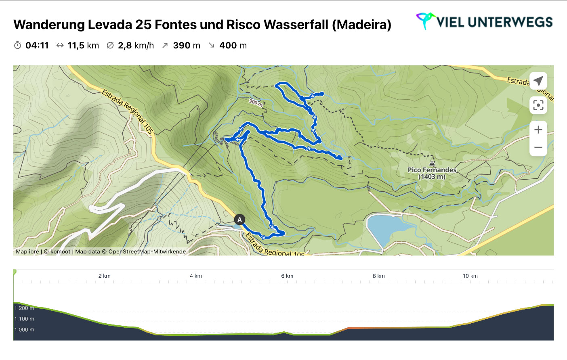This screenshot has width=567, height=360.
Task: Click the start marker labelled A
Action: (x=239, y=220)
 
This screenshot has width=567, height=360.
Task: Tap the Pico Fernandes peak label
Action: (x=432, y=173)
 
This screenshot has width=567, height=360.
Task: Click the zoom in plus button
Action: (x=538, y=130)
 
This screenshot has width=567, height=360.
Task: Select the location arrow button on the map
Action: (x=538, y=81)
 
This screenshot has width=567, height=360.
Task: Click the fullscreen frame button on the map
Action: (x=538, y=105)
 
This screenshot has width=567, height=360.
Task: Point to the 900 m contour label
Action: (x=256, y=103)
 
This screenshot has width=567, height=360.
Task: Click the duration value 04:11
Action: (x=37, y=46)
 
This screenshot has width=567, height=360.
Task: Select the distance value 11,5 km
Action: (x=83, y=46)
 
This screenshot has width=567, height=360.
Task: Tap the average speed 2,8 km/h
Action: (x=136, y=46)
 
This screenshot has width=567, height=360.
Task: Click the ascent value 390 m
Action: (x=186, y=46)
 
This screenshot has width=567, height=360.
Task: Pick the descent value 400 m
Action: (x=233, y=46)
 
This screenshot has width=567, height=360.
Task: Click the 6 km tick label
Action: (x=287, y=276)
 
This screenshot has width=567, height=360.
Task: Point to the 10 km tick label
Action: (x=470, y=276)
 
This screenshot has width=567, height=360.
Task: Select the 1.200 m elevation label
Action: (x=24, y=308)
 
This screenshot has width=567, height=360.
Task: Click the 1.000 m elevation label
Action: (x=24, y=330)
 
